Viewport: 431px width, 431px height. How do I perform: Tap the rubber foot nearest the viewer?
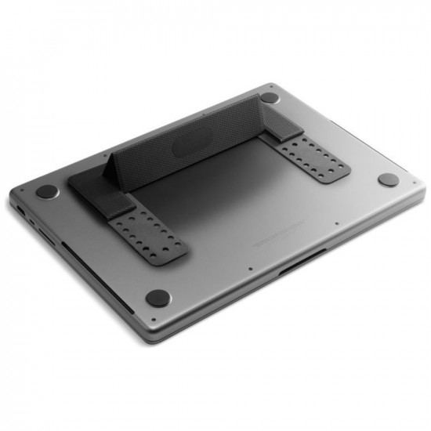point(158,297)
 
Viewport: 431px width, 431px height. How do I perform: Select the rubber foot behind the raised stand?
point(269,98)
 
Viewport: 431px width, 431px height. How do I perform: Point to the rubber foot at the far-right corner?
point(388,179)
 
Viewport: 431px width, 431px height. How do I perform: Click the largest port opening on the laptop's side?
point(19,211)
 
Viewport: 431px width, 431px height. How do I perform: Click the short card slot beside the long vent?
point(48,238)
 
